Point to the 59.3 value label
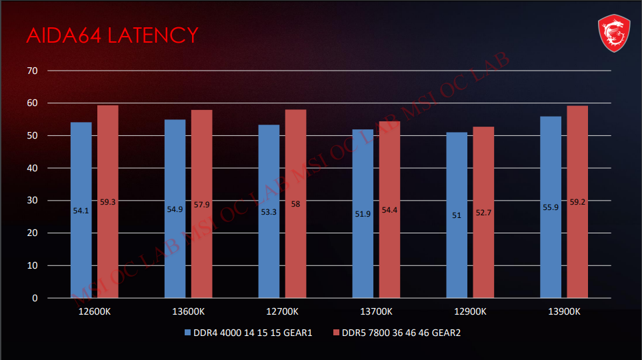click(x=108, y=201)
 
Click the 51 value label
click(x=457, y=215)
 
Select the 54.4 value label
click(x=390, y=211)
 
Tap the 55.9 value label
click(x=551, y=207)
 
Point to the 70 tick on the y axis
click(x=33, y=71)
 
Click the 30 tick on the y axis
click(x=33, y=201)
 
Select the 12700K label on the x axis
click(x=282, y=311)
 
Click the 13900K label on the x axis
click(x=564, y=311)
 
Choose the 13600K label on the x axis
click(x=188, y=311)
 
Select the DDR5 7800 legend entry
click(x=397, y=333)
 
